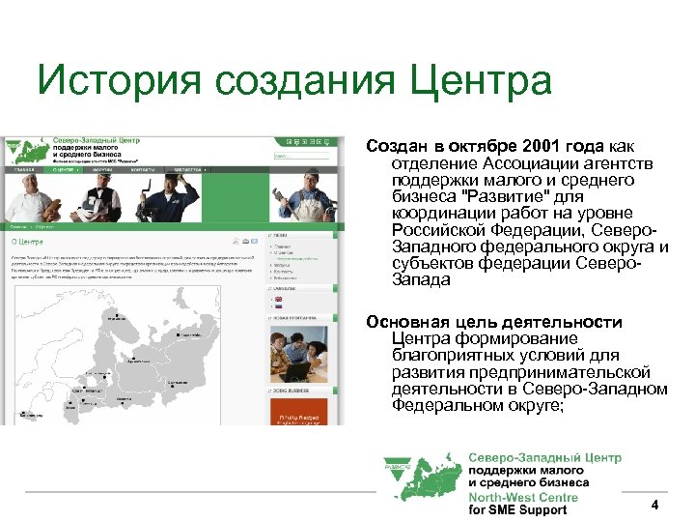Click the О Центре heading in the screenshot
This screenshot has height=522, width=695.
[28, 242]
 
